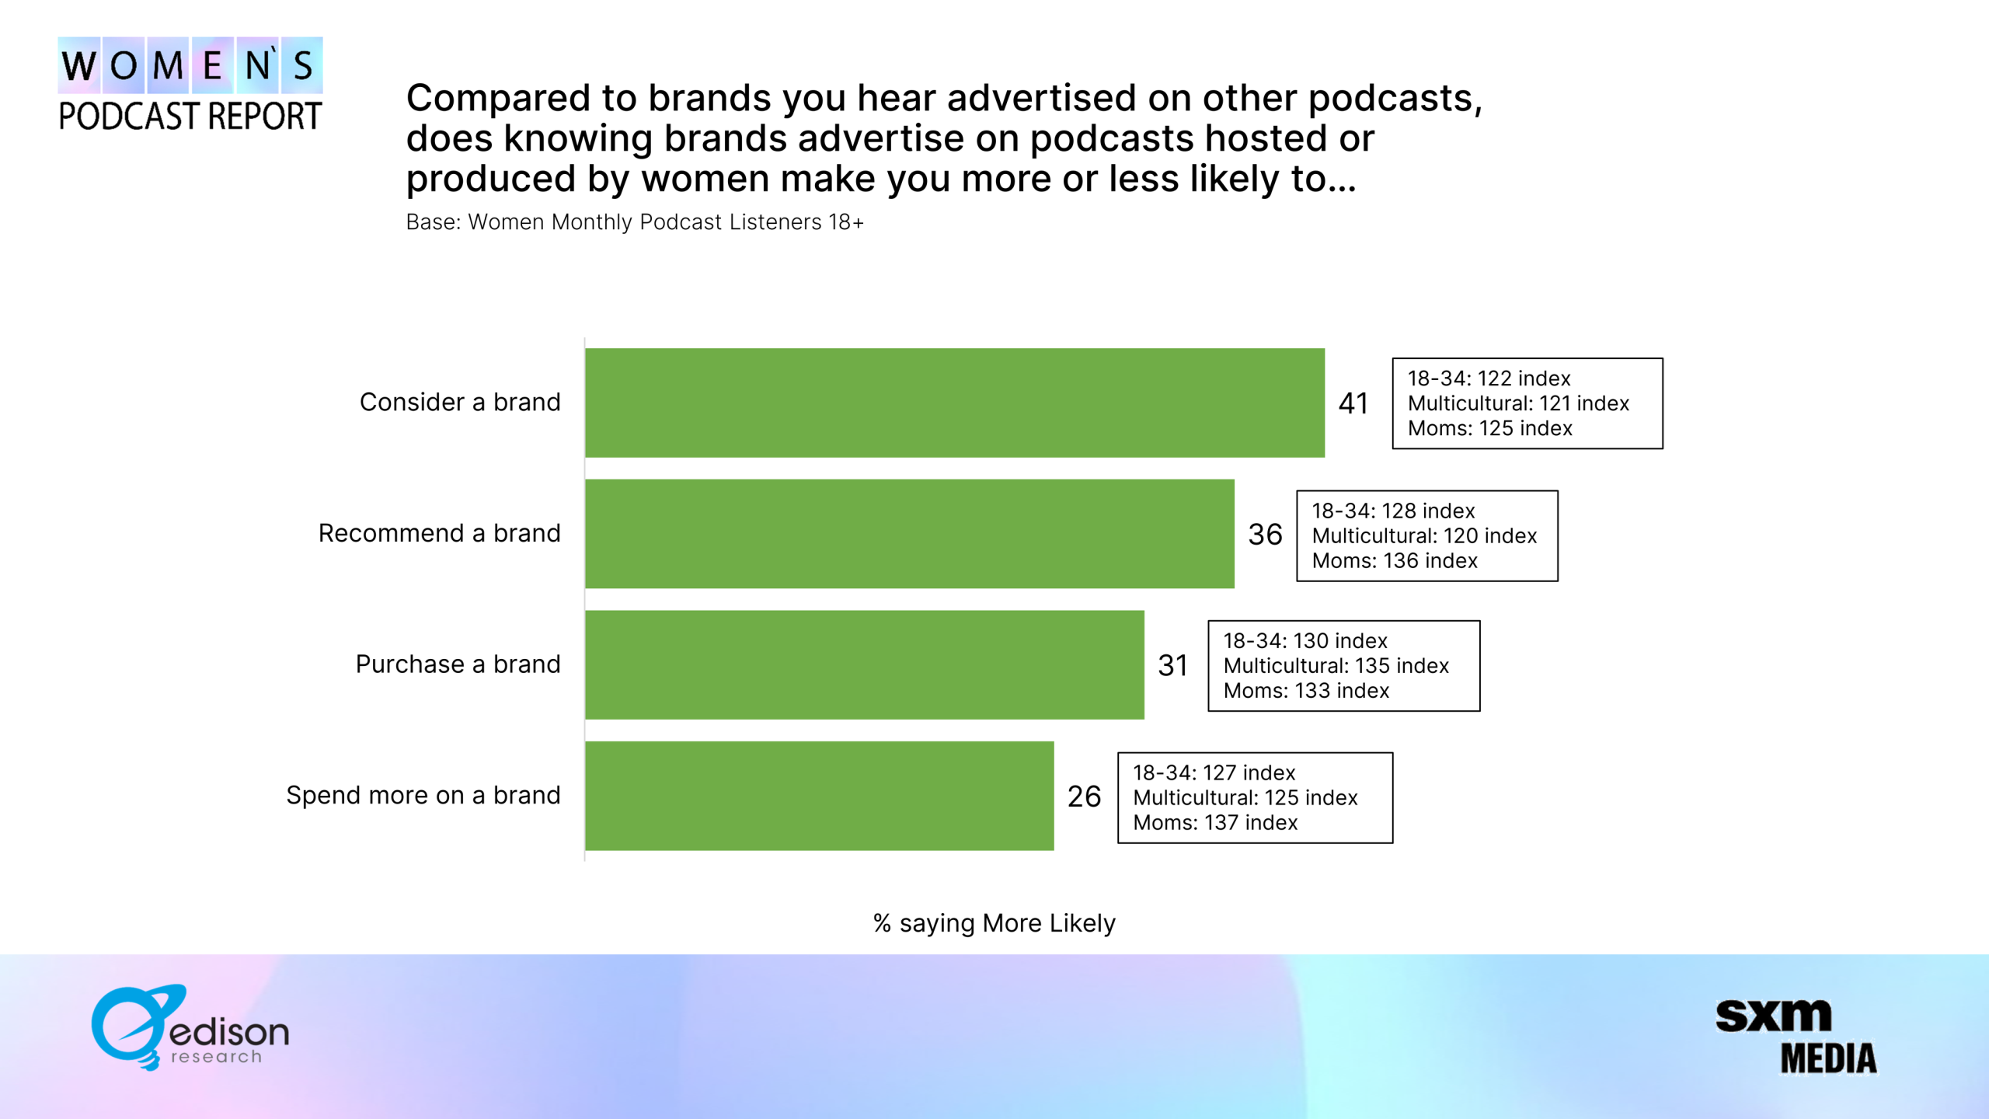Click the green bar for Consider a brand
pos(955,403)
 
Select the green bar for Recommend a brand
pos(910,534)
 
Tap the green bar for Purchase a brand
pos(865,664)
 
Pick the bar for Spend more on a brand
pos(820,796)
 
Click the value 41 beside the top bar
pos(1353,403)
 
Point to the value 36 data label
pos(1265,535)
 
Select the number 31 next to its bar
pos(1172,665)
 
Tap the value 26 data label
pos(1084,797)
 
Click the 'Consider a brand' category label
pos(460,402)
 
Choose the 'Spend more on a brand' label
pos(423,795)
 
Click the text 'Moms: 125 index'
pos(1490,428)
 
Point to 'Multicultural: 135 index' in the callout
pos(1336,666)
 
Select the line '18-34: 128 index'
pos(1393,511)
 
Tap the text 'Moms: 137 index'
pos(1215,822)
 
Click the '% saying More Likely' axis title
pos(994,923)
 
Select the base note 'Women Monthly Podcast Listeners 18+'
pos(666,222)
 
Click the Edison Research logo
pos(190,1027)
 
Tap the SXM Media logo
pos(1796,1037)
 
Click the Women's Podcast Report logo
pos(190,84)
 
